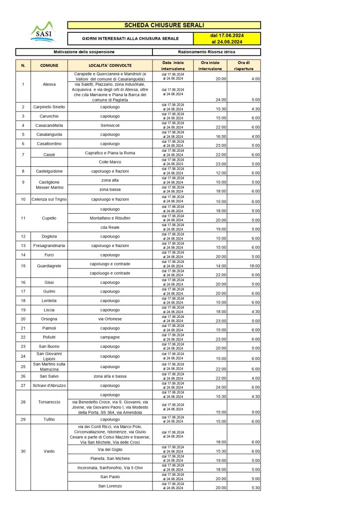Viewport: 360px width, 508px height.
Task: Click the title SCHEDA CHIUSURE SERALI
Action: [x=164, y=25]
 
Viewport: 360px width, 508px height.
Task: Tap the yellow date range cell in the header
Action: [x=226, y=39]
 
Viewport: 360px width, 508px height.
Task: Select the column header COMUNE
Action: [x=49, y=65]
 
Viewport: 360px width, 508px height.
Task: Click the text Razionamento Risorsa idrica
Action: [x=206, y=52]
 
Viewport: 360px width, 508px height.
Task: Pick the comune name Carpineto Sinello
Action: [x=49, y=107]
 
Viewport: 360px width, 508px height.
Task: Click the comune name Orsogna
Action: [x=49, y=320]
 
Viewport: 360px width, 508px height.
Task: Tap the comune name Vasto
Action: [x=49, y=451]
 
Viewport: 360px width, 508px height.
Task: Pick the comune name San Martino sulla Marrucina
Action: [x=49, y=367]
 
